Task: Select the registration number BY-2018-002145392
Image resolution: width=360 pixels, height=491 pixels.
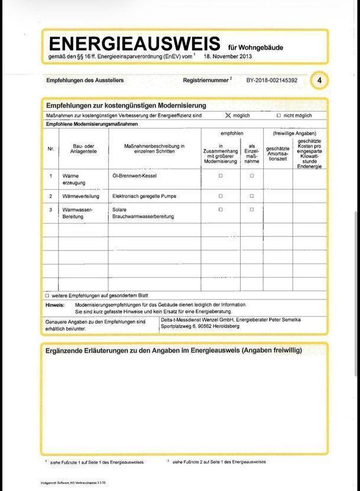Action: [272, 80]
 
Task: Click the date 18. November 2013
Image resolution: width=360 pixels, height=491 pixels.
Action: [229, 57]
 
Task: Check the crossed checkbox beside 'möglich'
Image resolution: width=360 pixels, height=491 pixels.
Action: [228, 115]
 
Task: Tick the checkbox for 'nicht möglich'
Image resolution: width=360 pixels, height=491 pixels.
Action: [279, 115]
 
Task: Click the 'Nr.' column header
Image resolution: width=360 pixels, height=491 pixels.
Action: [51, 148]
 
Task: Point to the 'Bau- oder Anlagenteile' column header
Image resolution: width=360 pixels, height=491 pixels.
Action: [85, 148]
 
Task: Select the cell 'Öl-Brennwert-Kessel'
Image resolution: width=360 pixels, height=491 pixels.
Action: [134, 176]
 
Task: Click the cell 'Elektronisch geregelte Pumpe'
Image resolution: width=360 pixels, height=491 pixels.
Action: [144, 196]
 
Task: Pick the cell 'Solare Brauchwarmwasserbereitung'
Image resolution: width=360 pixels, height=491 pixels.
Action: [142, 213]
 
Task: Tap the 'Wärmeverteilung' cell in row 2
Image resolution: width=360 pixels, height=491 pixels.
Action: [82, 196]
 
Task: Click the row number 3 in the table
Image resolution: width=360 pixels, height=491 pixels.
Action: [51, 209]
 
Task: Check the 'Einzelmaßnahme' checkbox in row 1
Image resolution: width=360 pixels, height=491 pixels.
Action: [252, 176]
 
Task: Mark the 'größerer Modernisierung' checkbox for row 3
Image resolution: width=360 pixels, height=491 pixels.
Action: [220, 209]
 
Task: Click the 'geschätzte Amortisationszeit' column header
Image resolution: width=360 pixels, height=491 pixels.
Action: [278, 153]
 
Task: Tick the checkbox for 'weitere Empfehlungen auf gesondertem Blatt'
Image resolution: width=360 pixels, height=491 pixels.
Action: [47, 295]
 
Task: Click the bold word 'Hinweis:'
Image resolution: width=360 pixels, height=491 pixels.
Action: [55, 304]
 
